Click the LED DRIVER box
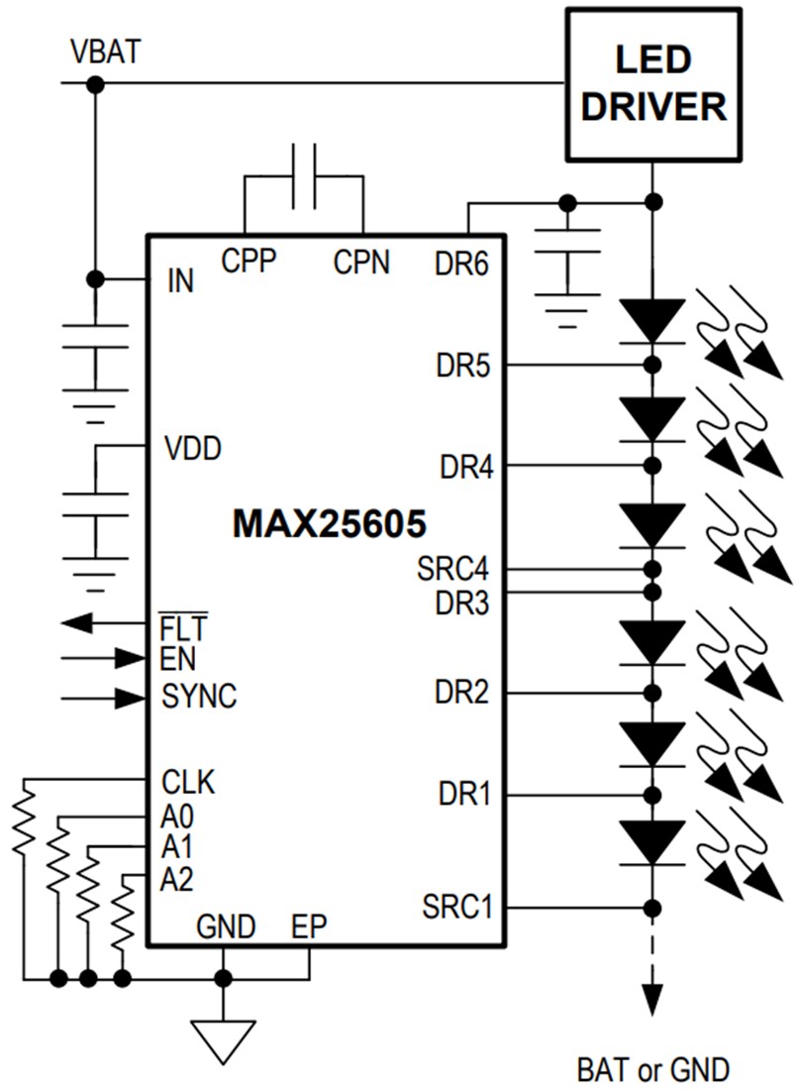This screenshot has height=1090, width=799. tap(652, 84)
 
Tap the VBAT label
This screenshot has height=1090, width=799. tap(105, 51)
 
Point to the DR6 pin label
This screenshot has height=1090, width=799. tap(461, 265)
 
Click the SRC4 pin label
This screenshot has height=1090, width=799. tap(453, 570)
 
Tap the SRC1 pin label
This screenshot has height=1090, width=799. tap(456, 906)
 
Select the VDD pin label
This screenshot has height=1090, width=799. tap(192, 448)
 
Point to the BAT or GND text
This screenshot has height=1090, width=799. tap(652, 1069)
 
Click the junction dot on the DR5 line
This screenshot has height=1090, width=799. tap(651, 365)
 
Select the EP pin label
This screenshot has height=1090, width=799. tap(309, 927)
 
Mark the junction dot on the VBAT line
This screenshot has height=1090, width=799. tap(95, 84)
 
